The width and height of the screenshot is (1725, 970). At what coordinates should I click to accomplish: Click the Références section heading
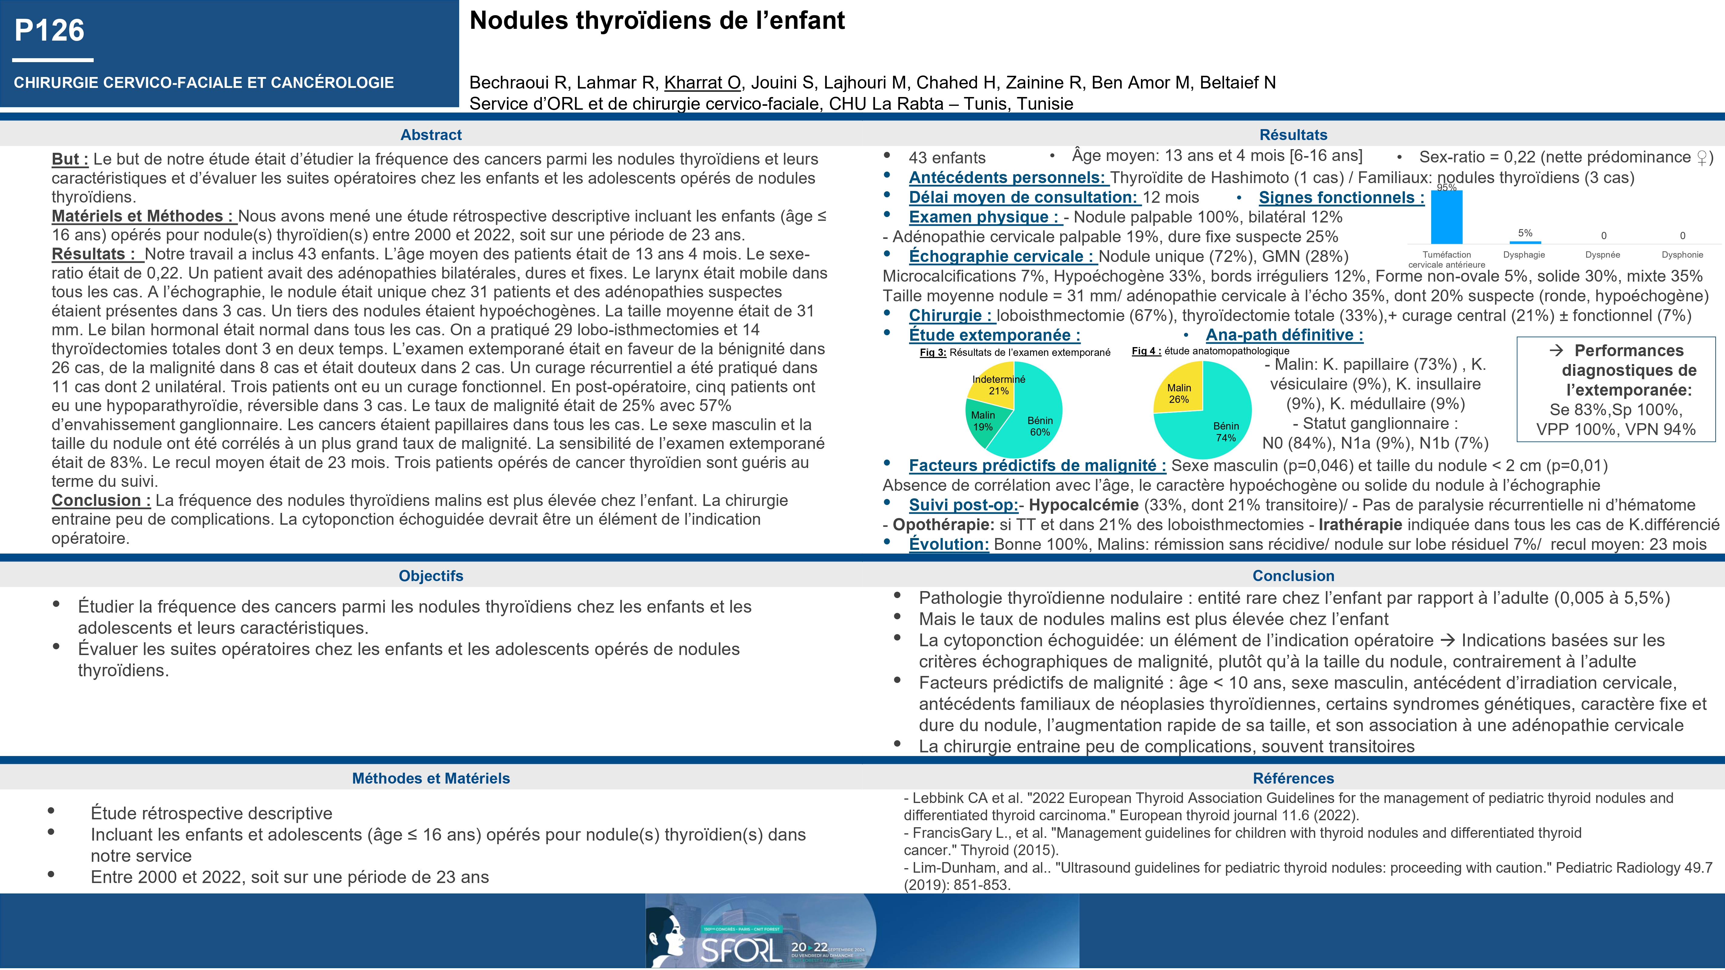pyautogui.click(x=1293, y=778)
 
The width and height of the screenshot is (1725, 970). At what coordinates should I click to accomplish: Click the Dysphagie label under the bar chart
pyautogui.click(x=1524, y=254)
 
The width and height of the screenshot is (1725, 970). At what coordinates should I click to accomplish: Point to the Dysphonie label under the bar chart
pyautogui.click(x=1682, y=254)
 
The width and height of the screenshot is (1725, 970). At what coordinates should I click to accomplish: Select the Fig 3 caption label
pyautogui.click(x=933, y=352)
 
